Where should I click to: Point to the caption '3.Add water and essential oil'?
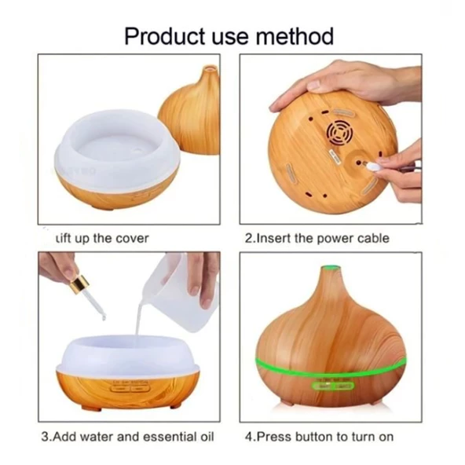click(127, 436)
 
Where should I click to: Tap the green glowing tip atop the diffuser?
click(330, 269)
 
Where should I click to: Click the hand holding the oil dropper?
click(57, 267)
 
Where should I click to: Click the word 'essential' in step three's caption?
click(165, 436)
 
